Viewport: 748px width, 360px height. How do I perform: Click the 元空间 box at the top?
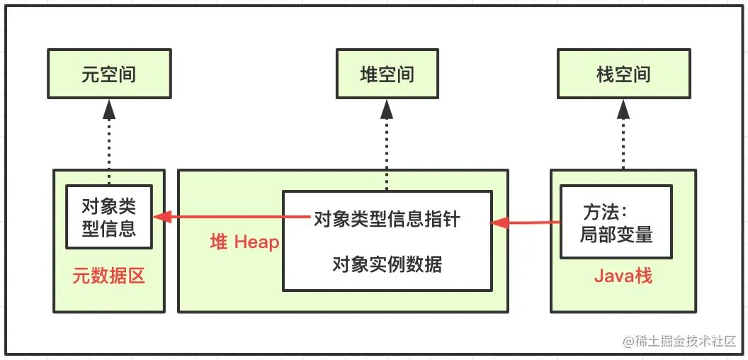tap(108, 74)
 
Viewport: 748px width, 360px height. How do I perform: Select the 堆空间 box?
tap(387, 74)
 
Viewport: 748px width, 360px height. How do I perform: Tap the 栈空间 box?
tap(623, 74)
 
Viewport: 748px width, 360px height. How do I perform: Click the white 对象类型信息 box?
tap(109, 217)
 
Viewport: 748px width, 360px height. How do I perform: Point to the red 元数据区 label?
tap(108, 276)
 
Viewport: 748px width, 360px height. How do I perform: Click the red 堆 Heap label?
tap(244, 242)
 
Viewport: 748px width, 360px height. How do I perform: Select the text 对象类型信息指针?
tap(387, 219)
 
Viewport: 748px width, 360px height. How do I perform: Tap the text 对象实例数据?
tap(387, 264)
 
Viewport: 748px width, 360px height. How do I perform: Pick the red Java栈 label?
tap(623, 276)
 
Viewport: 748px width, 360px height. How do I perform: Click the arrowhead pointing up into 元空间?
tap(108, 109)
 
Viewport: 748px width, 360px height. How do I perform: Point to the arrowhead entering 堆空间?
tap(387, 109)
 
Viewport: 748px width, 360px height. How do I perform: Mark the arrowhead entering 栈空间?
tap(623, 109)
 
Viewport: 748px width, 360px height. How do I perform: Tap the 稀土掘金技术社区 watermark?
tap(679, 341)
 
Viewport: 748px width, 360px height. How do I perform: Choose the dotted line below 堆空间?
tap(387, 152)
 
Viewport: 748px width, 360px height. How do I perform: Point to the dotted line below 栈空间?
tap(623, 145)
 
